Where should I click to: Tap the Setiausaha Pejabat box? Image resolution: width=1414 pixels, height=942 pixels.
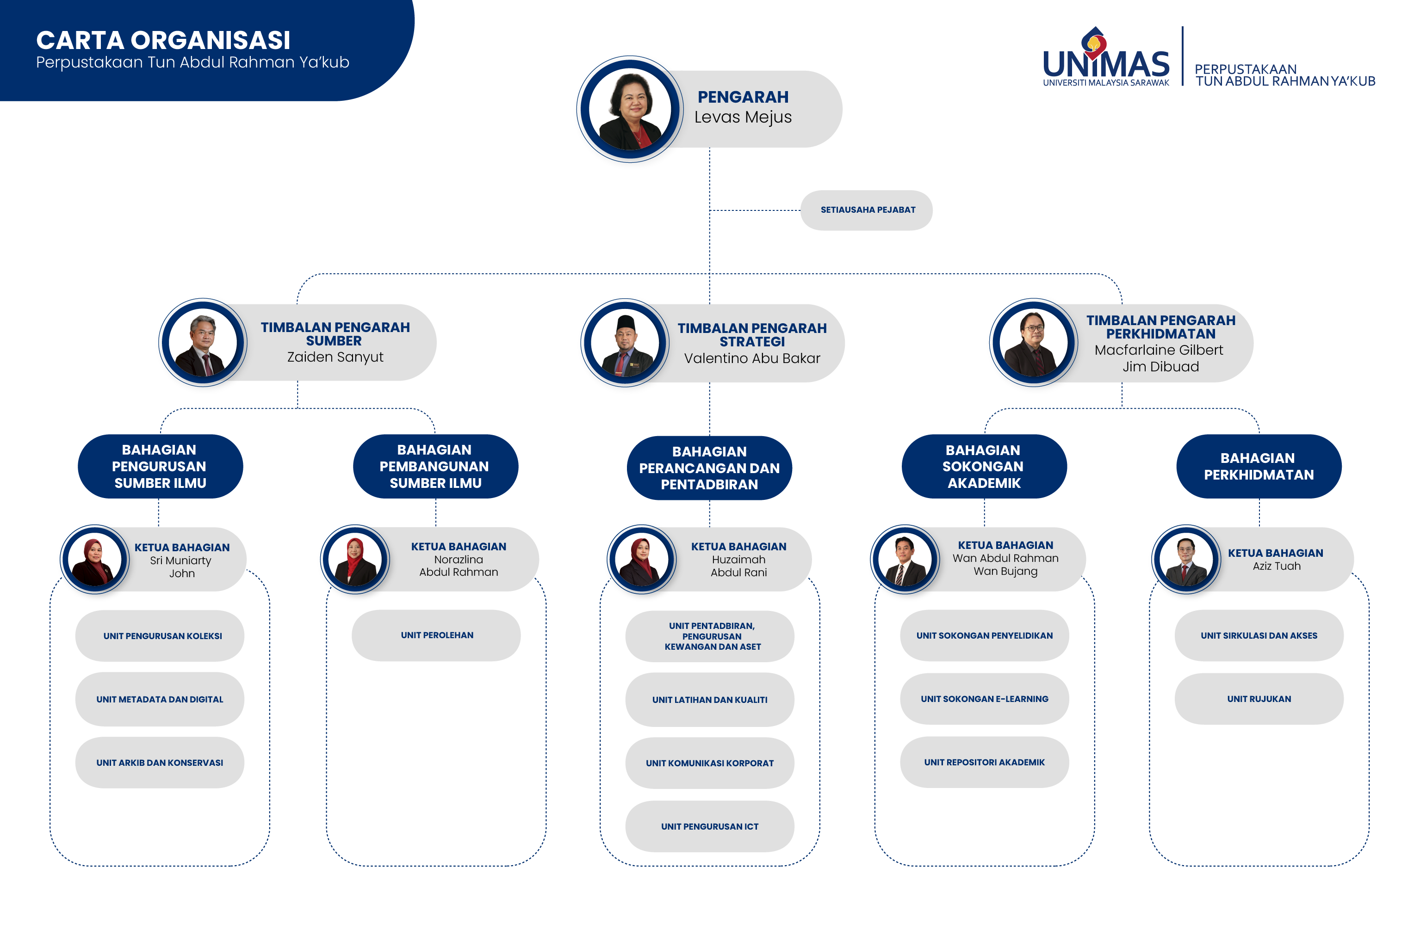coord(866,209)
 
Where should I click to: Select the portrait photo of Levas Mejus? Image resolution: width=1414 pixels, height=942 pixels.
coord(629,109)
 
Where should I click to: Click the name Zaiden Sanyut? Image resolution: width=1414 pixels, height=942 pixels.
coord(335,357)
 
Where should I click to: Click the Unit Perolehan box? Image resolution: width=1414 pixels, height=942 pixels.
coord(436,635)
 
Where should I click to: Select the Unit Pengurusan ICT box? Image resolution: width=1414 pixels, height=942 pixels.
coord(709,826)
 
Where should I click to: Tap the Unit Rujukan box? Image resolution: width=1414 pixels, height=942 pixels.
coord(1259,699)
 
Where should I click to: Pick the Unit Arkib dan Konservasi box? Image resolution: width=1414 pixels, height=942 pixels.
coord(159,763)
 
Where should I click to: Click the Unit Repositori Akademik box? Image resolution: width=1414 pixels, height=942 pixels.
coord(984,762)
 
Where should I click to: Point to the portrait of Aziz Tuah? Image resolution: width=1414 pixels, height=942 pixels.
coord(1185,559)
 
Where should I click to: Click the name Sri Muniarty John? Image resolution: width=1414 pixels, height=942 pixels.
coord(181,566)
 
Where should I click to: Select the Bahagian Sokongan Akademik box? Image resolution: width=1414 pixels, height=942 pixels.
coord(984,466)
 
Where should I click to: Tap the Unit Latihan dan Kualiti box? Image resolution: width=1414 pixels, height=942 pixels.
coord(709,699)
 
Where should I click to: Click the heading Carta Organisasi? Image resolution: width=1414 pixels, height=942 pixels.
coord(163,40)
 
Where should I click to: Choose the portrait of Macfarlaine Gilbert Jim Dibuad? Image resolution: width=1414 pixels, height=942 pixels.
coord(1033,342)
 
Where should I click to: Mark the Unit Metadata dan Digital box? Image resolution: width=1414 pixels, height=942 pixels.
coord(159,699)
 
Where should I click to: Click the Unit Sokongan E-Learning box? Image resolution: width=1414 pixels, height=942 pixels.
coord(984,699)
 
